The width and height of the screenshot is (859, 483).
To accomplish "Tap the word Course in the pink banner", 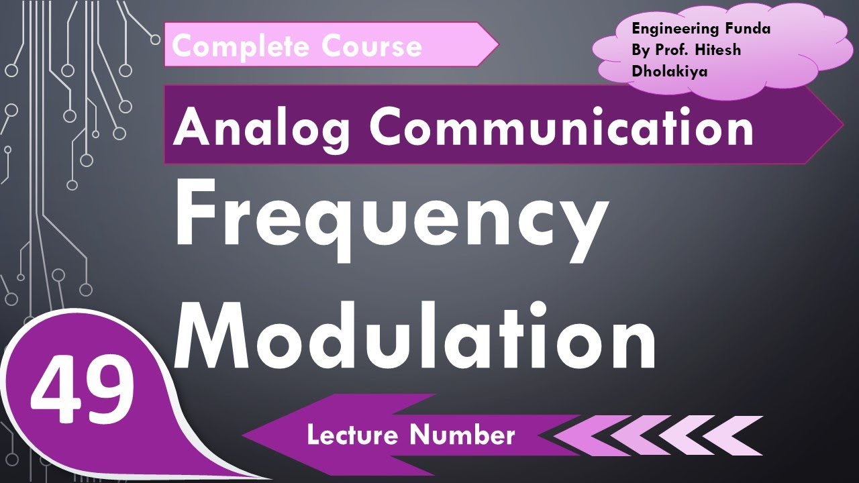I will [x=372, y=46].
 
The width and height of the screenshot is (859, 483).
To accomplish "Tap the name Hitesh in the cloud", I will [x=718, y=50].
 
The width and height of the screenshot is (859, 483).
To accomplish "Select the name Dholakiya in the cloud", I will [x=669, y=71].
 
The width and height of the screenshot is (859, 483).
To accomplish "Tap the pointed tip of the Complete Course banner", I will [x=495, y=44].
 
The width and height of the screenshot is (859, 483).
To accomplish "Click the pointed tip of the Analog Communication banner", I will [x=839, y=125].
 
